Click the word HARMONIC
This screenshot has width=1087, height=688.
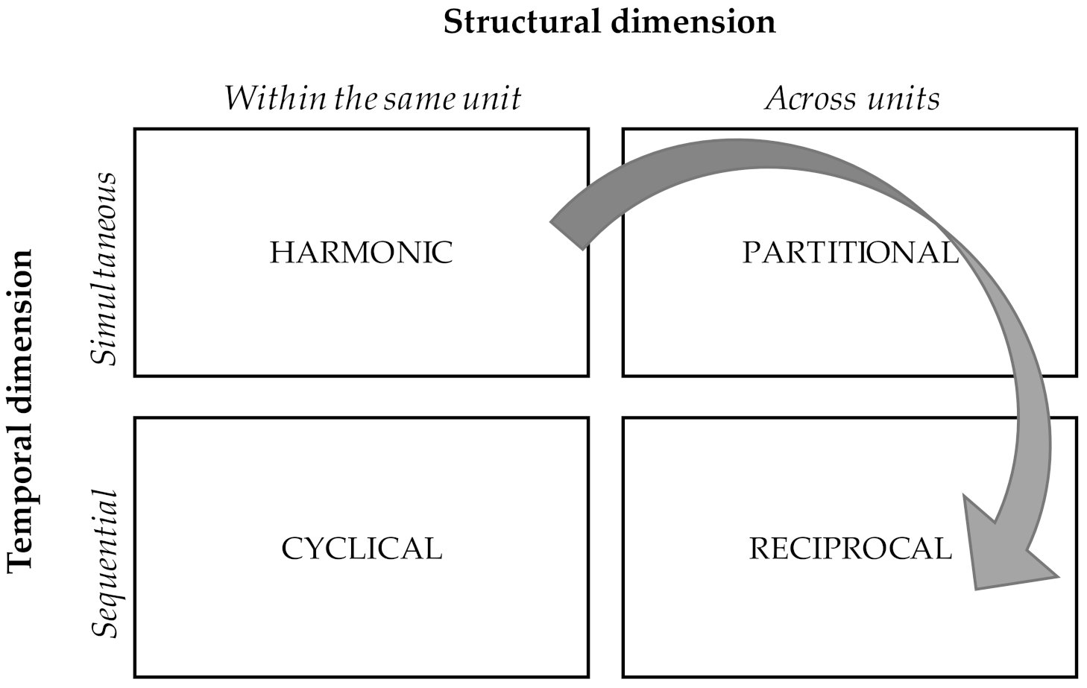361,253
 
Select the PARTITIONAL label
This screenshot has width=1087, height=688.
850,253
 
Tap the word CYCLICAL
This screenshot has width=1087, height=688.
362,549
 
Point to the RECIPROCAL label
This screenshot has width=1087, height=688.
850,549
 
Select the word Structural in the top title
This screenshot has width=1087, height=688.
526,22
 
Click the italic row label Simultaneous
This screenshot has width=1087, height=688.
104,269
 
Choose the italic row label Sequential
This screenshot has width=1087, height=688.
104,564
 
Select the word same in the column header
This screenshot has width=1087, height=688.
415,98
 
